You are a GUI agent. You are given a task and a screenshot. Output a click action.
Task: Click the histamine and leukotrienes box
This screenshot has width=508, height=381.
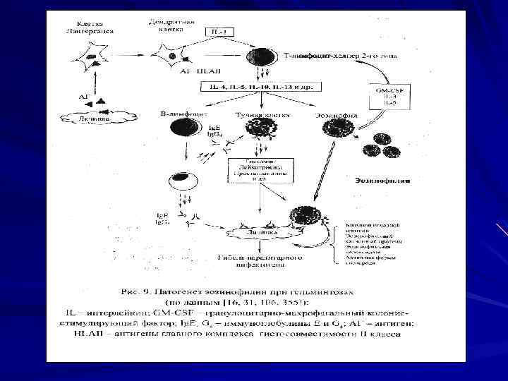pyautogui.click(x=252, y=170)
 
